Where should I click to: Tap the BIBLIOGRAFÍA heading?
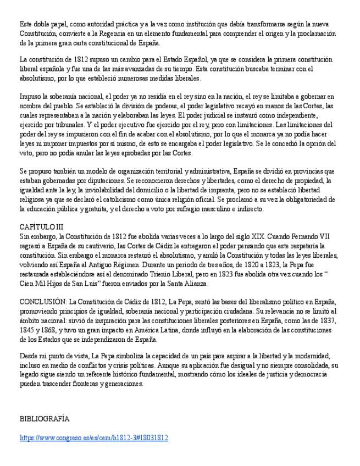(45, 419)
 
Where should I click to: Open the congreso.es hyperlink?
(93, 438)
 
